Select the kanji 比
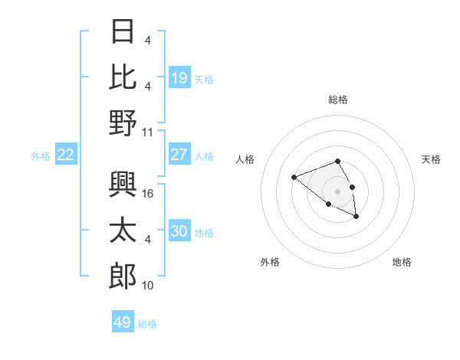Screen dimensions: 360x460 (123, 77)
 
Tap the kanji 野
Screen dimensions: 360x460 (123, 123)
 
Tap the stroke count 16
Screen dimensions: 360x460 (149, 194)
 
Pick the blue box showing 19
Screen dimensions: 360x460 (179, 78)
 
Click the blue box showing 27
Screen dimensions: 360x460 (179, 155)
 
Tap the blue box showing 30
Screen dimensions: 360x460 (179, 231)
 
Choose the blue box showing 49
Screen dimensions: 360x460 (123, 322)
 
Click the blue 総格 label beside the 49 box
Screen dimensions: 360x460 (147, 324)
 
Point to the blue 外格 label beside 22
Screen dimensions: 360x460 (41, 156)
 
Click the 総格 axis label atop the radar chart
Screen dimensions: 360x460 (337, 100)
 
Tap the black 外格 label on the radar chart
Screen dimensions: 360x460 (270, 262)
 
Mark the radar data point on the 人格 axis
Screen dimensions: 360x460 (294, 178)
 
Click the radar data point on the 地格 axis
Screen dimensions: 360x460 (356, 217)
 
